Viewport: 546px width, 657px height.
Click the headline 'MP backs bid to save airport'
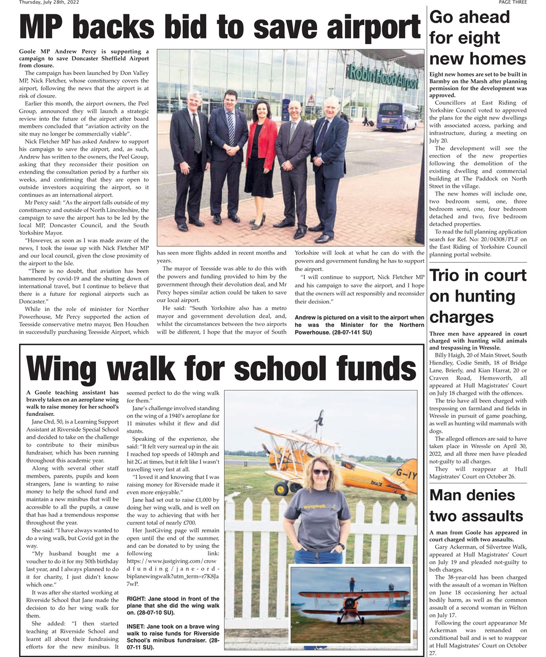(x=220, y=28)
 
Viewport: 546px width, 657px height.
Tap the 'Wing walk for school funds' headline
(x=221, y=368)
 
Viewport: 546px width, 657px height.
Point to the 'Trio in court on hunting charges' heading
(x=477, y=296)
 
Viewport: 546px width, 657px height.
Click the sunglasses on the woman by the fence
(x=321, y=472)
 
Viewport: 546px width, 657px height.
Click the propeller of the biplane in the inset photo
(x=350, y=603)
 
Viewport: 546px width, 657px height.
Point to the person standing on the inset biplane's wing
(x=352, y=584)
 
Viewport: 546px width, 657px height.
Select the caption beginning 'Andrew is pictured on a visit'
(x=359, y=325)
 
